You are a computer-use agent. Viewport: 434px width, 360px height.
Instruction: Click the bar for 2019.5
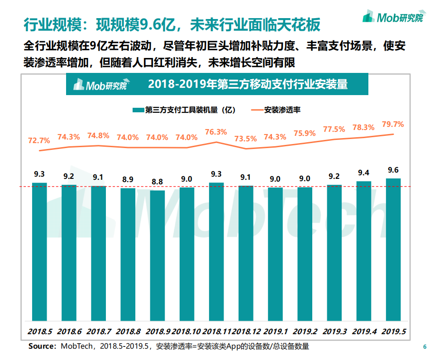click(393, 249)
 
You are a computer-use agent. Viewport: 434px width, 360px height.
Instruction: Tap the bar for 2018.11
click(216, 251)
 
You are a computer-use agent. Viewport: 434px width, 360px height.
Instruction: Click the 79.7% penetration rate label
click(393, 124)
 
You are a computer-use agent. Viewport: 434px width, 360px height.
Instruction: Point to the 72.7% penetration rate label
click(39, 140)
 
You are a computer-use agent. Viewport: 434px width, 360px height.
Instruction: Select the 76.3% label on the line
click(216, 132)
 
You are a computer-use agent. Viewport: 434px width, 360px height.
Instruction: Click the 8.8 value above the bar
click(157, 182)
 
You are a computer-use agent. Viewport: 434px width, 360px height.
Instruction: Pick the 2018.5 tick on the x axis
click(39, 332)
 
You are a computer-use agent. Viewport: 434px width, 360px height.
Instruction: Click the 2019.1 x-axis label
click(275, 332)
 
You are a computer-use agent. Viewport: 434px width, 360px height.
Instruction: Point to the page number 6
click(424, 347)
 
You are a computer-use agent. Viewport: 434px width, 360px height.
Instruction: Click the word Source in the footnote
click(41, 346)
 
